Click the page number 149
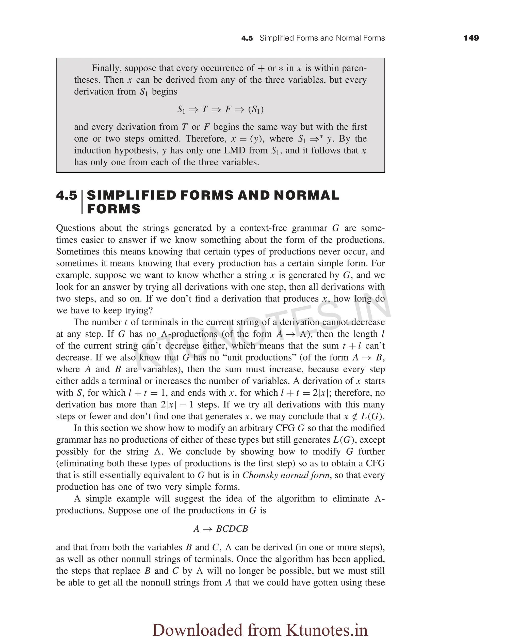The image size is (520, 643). [x=471, y=38]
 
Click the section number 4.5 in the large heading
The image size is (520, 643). [x=67, y=196]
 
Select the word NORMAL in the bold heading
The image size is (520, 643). [x=306, y=196]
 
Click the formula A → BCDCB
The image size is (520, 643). [x=221, y=529]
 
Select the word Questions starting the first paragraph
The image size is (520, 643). [x=75, y=228]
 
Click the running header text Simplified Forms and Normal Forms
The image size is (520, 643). [x=322, y=38]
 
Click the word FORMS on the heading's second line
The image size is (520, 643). [x=113, y=209]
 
